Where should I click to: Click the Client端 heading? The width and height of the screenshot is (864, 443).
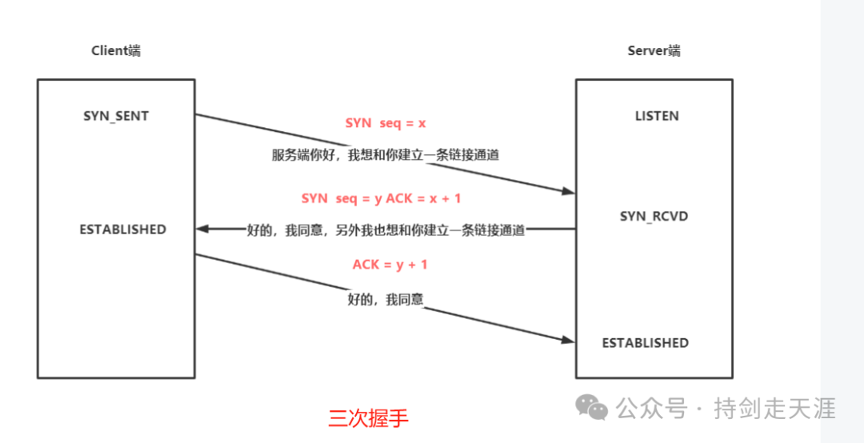point(116,51)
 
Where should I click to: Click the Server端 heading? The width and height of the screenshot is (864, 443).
point(654,51)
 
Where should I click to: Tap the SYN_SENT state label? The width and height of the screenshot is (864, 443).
point(116,116)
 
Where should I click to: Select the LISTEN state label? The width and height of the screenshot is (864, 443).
point(657,116)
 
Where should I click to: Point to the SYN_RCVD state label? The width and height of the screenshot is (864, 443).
point(654,217)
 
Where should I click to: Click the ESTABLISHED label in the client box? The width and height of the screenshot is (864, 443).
point(122,229)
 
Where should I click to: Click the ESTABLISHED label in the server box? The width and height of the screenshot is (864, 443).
point(645,343)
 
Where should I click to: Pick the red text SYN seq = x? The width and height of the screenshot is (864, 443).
point(386,123)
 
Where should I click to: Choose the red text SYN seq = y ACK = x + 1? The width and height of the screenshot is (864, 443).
point(382,198)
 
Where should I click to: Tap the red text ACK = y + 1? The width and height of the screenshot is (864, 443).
point(390,265)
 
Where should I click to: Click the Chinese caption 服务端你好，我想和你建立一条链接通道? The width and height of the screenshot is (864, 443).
point(386,155)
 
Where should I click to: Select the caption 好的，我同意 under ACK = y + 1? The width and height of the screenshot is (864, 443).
point(385,300)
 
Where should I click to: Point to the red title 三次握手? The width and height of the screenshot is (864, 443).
point(368,418)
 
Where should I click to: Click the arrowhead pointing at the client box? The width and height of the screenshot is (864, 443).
point(202,229)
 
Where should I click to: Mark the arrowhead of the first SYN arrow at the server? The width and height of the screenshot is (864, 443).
point(569,192)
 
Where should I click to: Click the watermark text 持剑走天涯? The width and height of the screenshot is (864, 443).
point(775,409)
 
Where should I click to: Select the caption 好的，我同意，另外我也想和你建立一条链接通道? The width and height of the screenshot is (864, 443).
point(386,230)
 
